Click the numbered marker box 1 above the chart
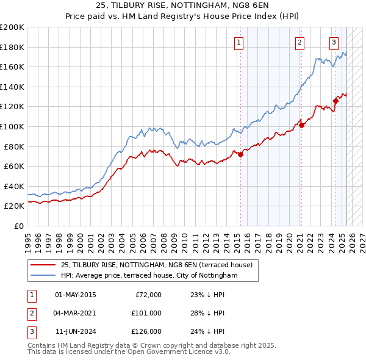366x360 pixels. [x=238, y=42]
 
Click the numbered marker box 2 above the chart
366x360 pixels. [x=300, y=42]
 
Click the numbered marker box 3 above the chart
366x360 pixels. [x=334, y=42]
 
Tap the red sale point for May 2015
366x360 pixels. [x=240, y=154]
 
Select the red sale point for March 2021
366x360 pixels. [x=301, y=126]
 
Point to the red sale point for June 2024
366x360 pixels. [x=335, y=101]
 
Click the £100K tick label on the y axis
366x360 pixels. [x=12, y=126]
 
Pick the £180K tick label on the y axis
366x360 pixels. [x=12, y=47]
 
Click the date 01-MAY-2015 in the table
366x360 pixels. [x=75, y=295]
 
